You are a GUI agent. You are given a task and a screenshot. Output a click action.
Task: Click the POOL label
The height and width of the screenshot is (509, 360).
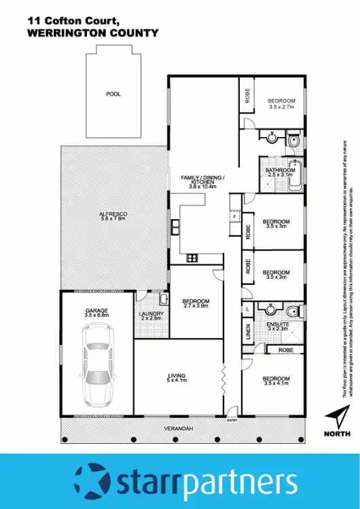[x=113, y=94]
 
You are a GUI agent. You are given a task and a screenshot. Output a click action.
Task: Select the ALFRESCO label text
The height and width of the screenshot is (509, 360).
[x=113, y=214]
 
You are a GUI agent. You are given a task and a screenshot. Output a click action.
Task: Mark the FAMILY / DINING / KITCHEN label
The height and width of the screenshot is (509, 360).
[x=202, y=181]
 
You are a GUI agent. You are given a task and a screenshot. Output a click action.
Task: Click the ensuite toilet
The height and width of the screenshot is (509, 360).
[x=291, y=312]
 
